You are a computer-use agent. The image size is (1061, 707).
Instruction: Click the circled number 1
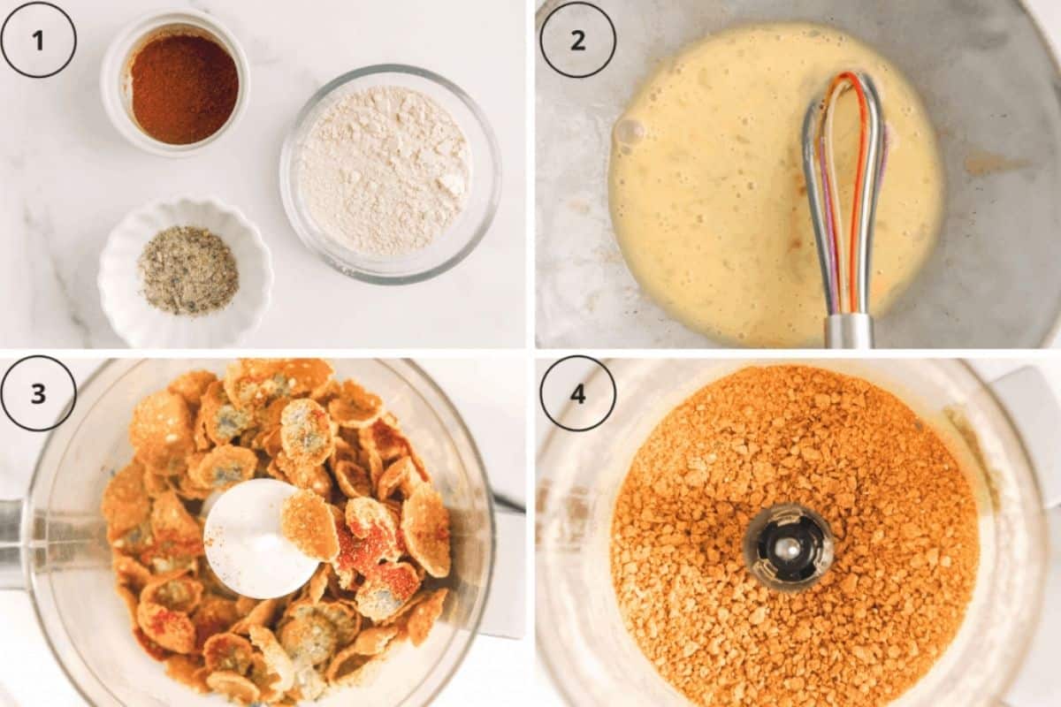click(38, 40)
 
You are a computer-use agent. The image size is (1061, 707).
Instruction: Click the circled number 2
click(577, 40)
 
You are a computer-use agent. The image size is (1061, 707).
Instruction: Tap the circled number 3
click(38, 393)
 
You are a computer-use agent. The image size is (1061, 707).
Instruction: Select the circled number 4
click(577, 393)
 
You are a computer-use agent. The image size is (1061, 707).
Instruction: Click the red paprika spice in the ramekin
click(184, 88)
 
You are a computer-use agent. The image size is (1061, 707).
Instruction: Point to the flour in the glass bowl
click(384, 171)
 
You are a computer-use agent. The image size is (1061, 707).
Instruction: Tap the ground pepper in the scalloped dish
click(188, 270)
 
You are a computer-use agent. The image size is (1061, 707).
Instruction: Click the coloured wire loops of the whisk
click(844, 177)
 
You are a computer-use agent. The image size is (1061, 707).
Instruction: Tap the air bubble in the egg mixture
click(629, 133)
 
